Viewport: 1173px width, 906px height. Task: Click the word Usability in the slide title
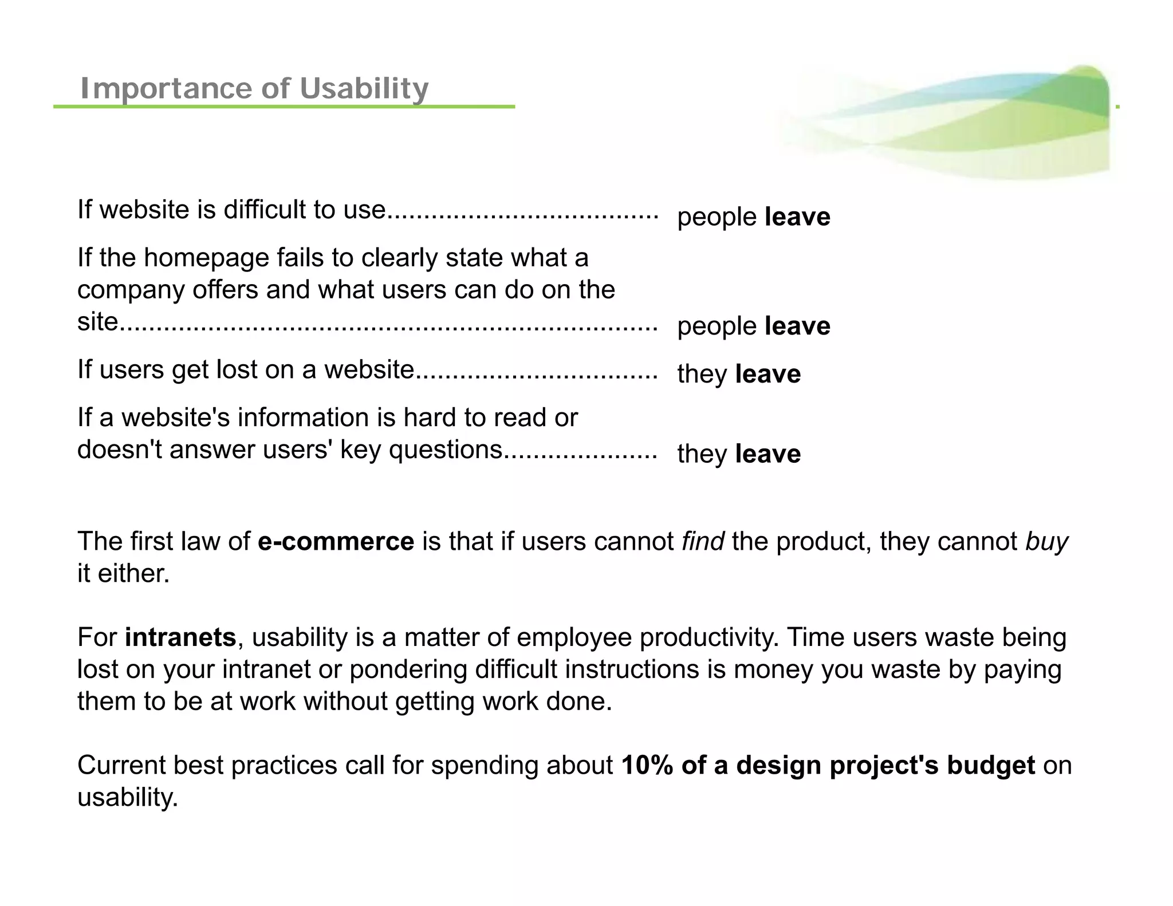[364, 88]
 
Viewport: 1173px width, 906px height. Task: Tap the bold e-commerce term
[336, 541]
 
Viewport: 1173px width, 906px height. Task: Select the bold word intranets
[180, 637]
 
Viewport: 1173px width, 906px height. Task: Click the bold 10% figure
[647, 765]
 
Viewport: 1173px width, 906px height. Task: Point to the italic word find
[702, 541]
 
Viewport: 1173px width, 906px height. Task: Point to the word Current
[121, 765]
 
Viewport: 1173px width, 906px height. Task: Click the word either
[133, 573]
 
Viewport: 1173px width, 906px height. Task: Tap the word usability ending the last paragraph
[127, 797]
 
